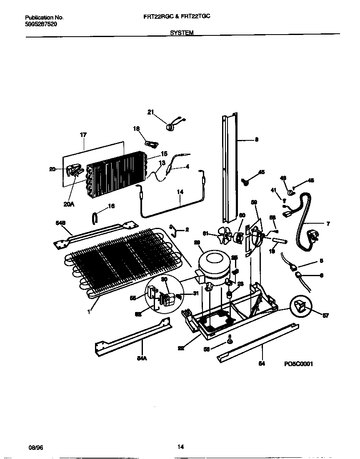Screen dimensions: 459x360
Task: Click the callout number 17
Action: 83,135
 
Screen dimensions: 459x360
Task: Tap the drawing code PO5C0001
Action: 298,364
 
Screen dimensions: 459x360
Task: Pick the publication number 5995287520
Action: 41,24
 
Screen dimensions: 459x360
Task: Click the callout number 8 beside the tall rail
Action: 256,140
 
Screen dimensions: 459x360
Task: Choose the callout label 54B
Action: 61,223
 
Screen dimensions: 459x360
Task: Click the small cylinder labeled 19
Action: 280,241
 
